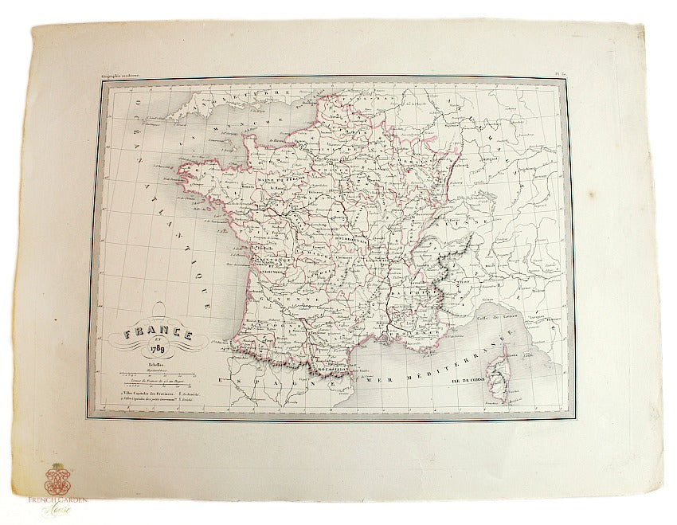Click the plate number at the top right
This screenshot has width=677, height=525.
(x=560, y=74)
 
